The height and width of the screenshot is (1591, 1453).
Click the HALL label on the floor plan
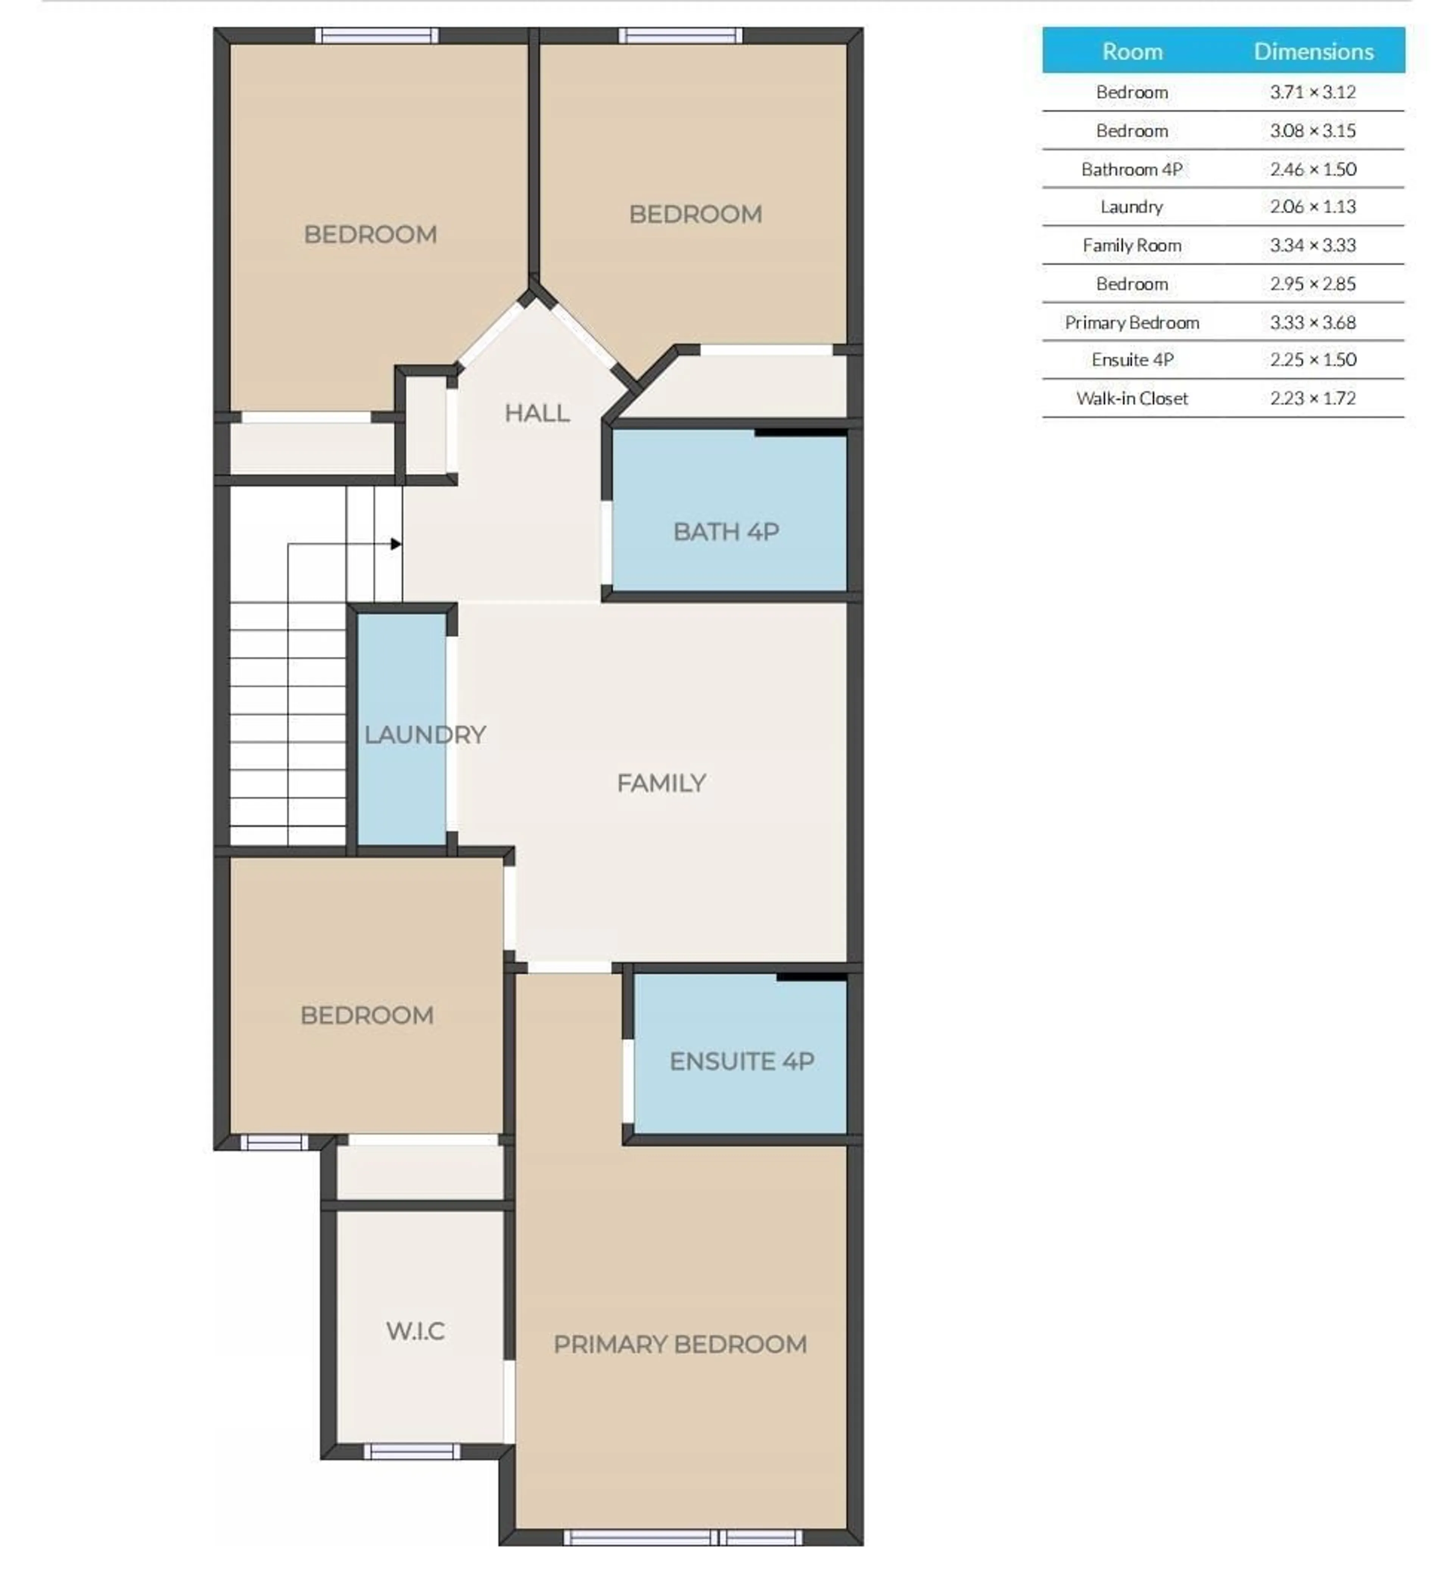537,413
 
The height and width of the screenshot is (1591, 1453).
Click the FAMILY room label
661,783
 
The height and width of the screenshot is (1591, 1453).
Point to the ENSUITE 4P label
741,1061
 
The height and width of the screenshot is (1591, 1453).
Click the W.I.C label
415,1332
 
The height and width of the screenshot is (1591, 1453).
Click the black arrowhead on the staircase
395,544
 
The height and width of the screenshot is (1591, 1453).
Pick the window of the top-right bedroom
680,36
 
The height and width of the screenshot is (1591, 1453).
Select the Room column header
1132,51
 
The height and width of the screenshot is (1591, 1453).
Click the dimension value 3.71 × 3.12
1313,92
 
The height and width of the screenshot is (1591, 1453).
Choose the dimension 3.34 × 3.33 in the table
1313,245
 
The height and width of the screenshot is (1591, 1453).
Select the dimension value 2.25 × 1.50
1313,360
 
